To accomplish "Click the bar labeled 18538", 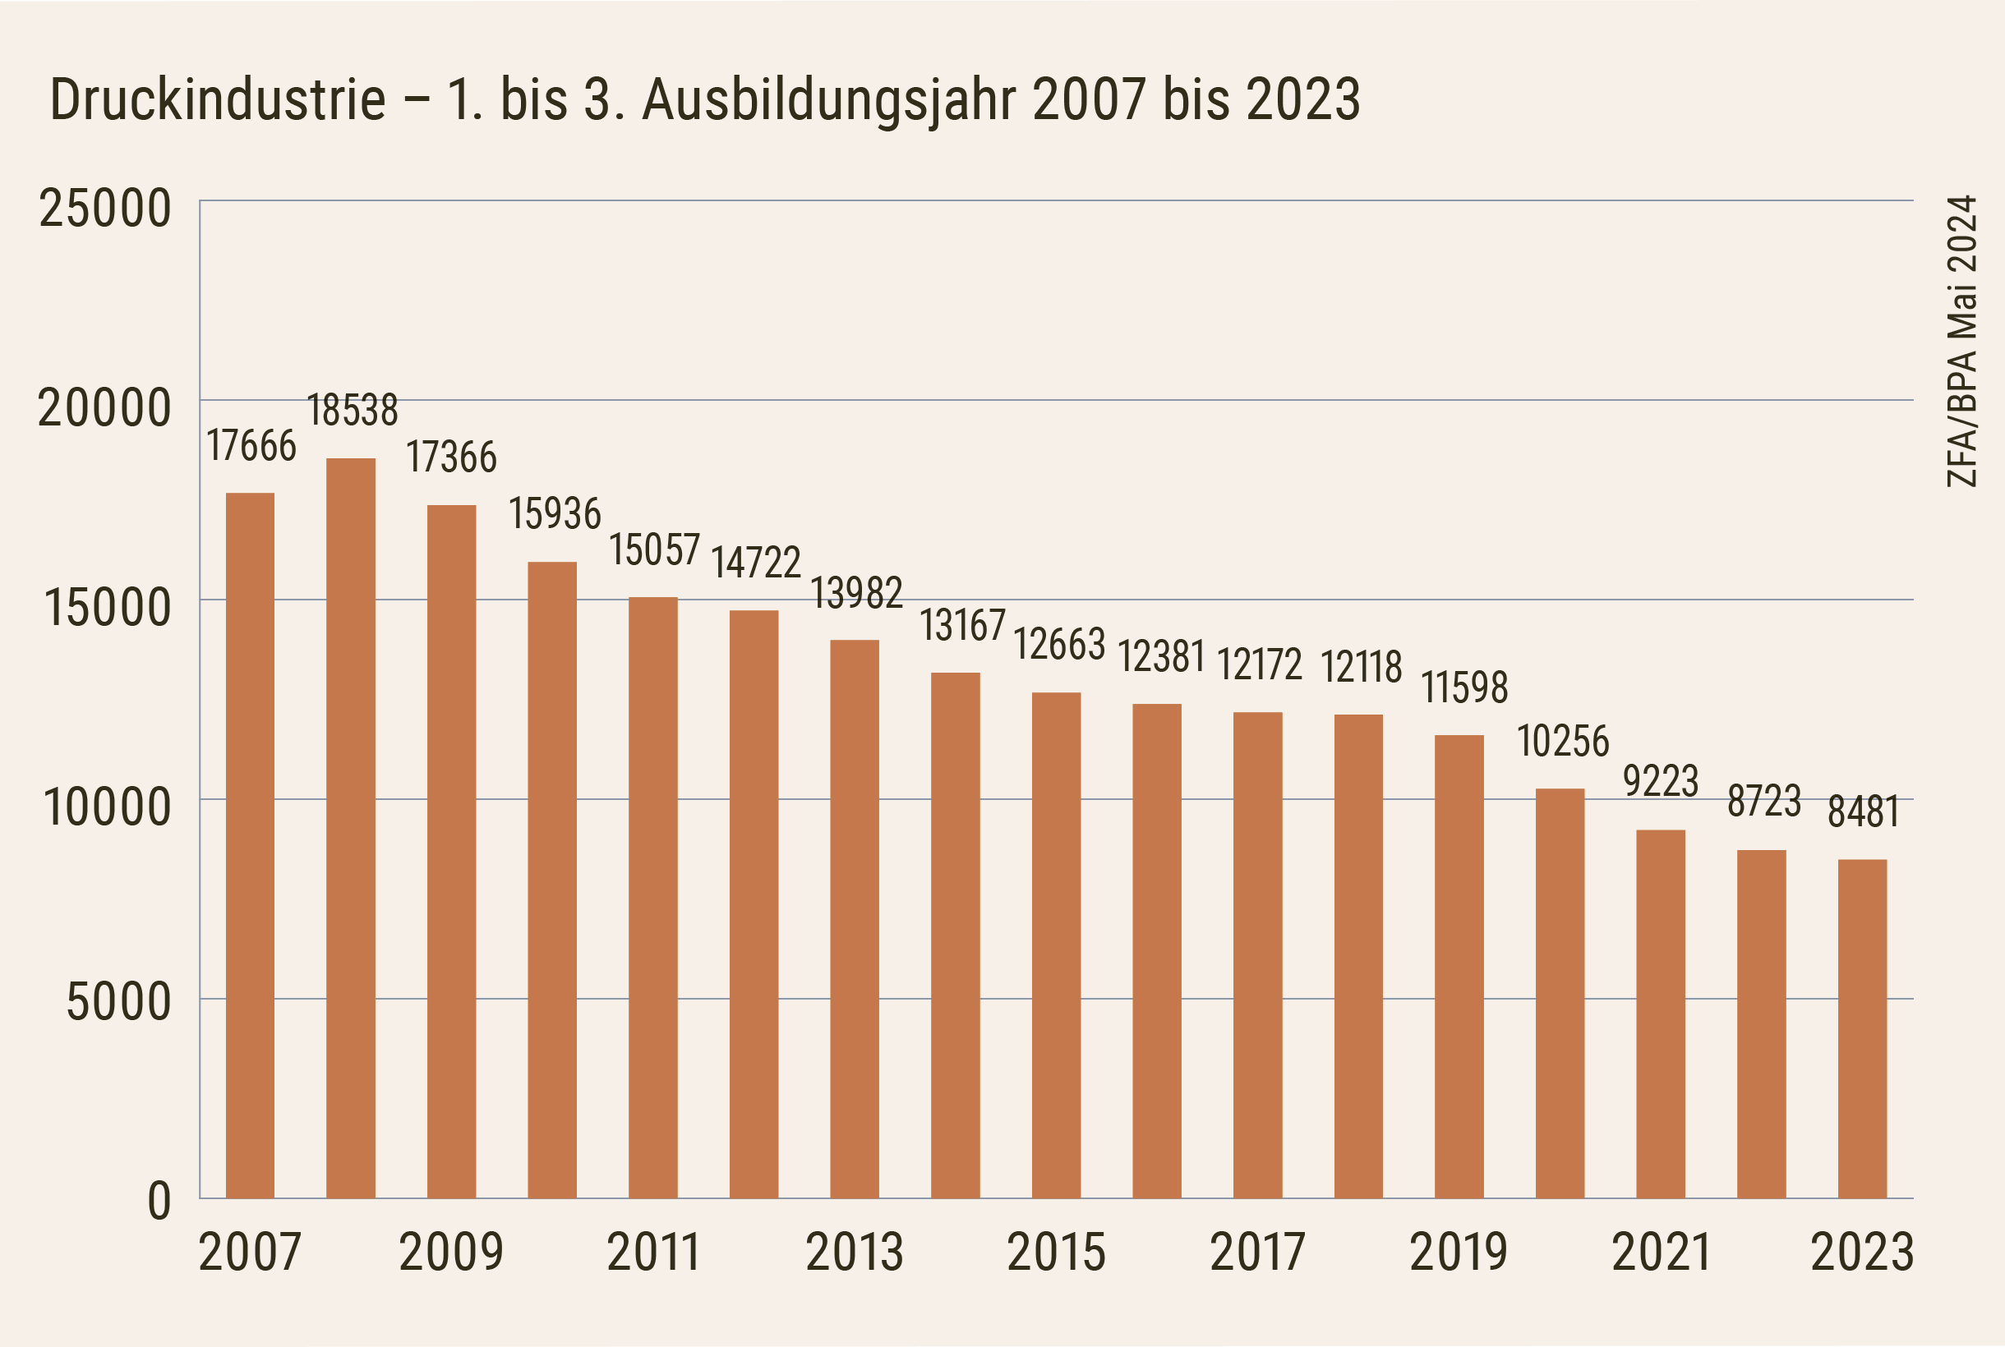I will click(351, 828).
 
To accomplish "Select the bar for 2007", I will click(250, 845).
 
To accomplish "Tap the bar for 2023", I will click(1862, 1028).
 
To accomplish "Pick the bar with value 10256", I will click(1560, 993).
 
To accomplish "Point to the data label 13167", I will click(962, 625).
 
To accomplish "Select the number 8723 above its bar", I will click(1763, 802).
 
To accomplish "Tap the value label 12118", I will click(1362, 667).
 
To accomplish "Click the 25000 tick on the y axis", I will click(105, 209).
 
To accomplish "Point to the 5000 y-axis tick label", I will click(118, 1002).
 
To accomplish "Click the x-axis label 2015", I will click(1055, 1252).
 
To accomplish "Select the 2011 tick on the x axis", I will click(653, 1252).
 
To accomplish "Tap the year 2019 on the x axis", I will click(1459, 1252).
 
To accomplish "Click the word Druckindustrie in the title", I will click(219, 99).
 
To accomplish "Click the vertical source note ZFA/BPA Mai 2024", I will click(1962, 341).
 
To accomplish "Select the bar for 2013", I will click(855, 919).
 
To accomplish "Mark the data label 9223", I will click(1661, 781).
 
